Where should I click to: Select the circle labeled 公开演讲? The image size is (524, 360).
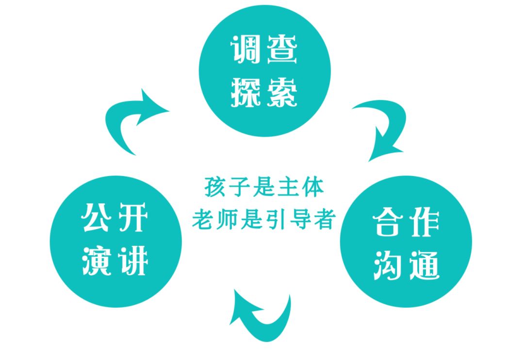click(x=115, y=241)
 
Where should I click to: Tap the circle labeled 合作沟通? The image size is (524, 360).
click(x=406, y=241)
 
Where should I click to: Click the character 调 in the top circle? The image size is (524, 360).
click(x=246, y=50)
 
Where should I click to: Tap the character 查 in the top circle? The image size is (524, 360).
click(x=281, y=50)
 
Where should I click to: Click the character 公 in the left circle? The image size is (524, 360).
click(x=97, y=219)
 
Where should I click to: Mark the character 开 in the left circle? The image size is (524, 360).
click(x=132, y=219)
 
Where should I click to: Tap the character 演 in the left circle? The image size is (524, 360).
click(x=97, y=261)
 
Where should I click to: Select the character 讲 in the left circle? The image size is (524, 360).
click(x=132, y=261)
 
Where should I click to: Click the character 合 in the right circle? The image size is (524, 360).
click(x=388, y=223)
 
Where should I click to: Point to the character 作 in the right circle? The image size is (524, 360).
click(x=423, y=223)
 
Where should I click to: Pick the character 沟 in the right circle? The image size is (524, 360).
click(x=388, y=264)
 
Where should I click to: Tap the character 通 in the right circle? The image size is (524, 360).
click(x=423, y=264)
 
